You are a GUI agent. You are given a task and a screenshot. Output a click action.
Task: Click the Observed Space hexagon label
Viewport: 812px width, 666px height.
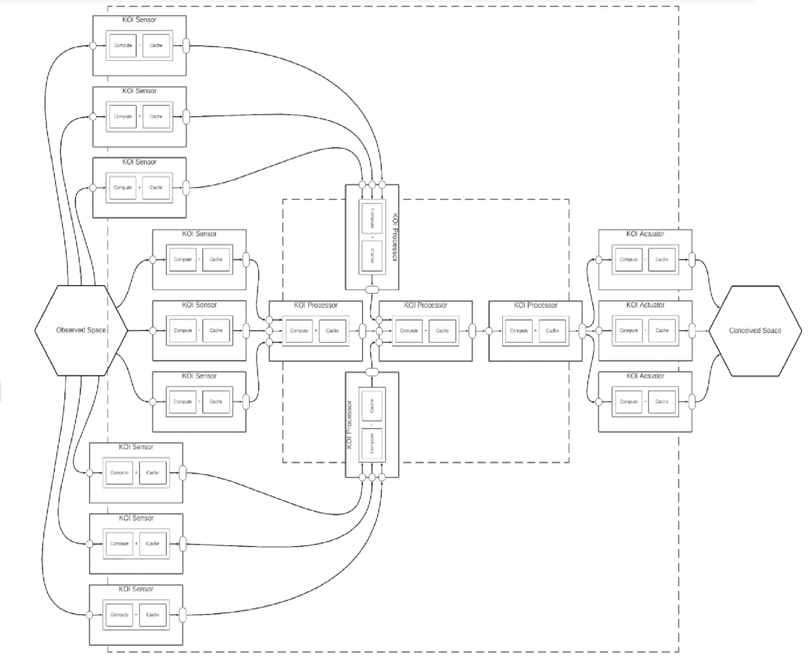point(81,330)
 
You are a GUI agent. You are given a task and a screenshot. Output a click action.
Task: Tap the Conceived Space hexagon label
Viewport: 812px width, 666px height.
point(755,331)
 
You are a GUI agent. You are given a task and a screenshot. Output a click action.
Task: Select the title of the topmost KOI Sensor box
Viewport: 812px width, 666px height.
point(139,19)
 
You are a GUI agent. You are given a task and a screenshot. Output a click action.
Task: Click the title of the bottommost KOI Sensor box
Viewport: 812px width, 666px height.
point(136,589)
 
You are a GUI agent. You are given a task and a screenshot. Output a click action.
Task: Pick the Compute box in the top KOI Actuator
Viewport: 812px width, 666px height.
point(628,260)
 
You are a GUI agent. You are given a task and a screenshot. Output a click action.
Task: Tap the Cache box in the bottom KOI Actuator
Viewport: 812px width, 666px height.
point(662,402)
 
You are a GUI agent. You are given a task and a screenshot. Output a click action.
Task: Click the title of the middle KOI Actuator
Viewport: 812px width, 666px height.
point(645,305)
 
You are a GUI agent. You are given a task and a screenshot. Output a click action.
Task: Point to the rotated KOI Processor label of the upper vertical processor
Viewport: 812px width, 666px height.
point(395,237)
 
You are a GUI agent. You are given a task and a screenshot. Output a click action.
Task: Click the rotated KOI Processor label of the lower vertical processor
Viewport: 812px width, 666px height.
point(349,425)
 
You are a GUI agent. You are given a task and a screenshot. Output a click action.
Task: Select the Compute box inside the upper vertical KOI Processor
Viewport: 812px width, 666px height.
point(372,218)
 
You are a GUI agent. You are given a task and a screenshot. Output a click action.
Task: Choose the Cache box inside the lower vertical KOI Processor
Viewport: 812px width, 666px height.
point(372,406)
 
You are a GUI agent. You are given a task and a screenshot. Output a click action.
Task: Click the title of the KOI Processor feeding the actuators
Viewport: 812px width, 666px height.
point(536,305)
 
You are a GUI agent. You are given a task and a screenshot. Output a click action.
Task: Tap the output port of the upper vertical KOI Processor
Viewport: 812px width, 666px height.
point(372,290)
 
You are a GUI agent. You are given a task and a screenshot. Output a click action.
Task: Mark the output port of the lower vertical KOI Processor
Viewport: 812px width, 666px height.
point(372,372)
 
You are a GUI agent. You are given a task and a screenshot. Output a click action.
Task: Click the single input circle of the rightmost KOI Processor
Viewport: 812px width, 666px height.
point(489,331)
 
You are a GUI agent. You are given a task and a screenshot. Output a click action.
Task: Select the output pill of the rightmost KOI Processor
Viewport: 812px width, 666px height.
point(582,331)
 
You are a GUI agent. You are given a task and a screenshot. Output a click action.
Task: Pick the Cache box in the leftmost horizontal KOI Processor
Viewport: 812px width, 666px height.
point(333,331)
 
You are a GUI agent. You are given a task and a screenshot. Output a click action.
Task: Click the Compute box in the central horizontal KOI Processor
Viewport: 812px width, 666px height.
point(409,331)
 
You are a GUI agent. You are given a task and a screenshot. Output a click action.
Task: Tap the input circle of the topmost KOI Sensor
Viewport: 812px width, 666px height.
point(93,46)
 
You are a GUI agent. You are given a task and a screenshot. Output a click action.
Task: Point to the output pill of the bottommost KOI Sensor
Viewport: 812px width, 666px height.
point(183,615)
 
